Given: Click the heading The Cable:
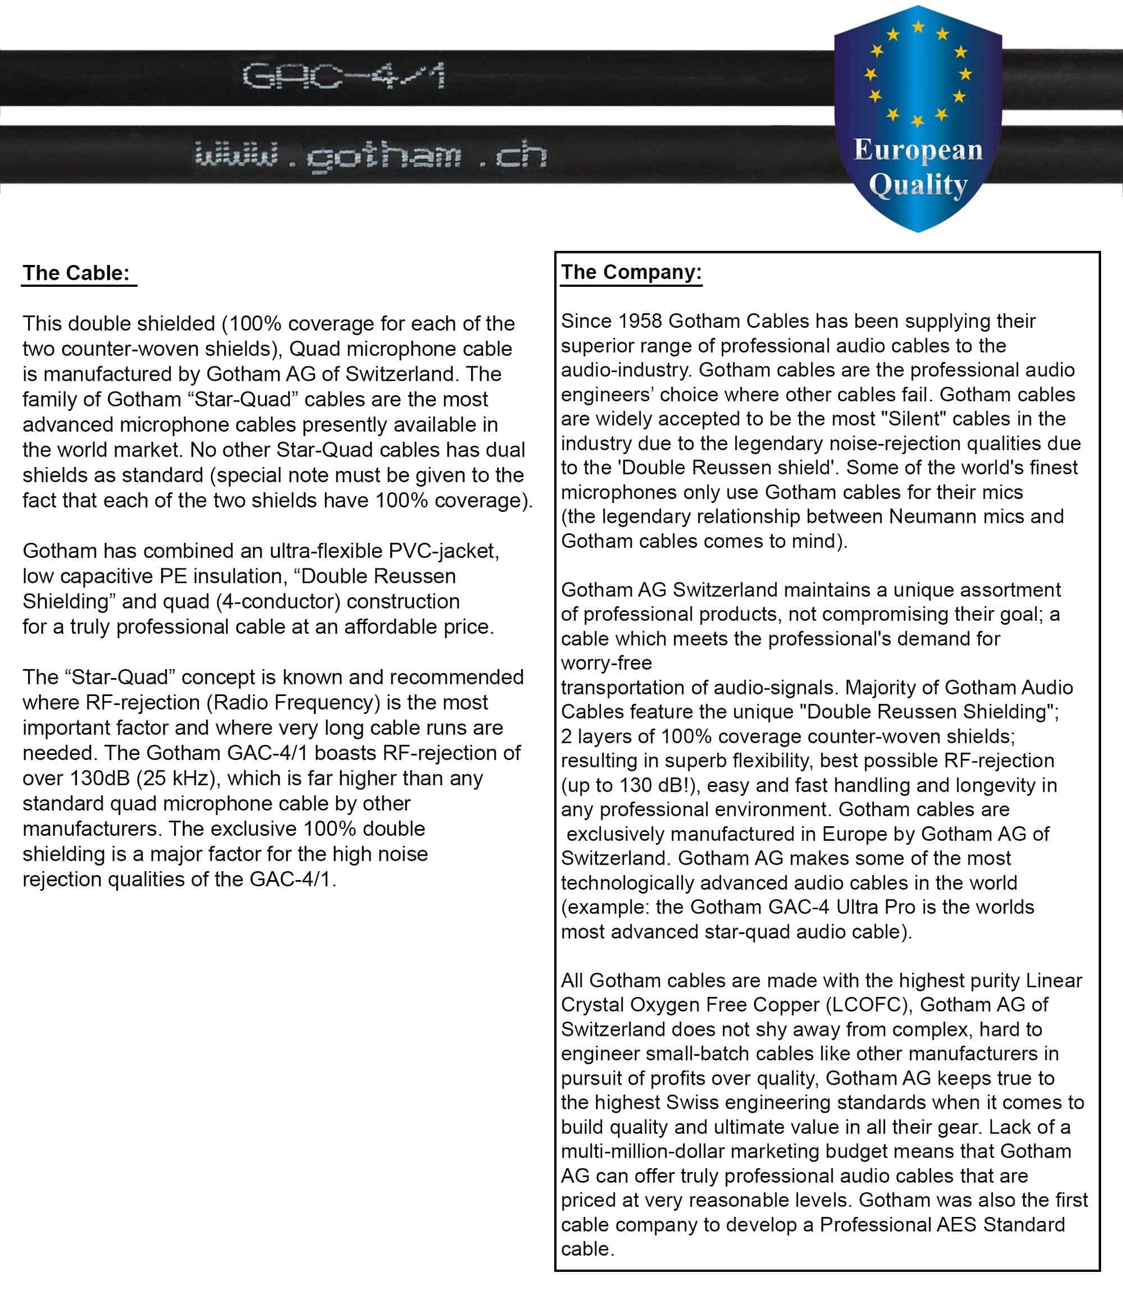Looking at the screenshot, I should [x=76, y=273].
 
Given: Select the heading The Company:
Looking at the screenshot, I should [x=631, y=272].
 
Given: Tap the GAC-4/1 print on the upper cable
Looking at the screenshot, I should [x=344, y=76].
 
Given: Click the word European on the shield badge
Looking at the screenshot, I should [x=918, y=150].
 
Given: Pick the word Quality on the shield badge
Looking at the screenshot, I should [x=918, y=185].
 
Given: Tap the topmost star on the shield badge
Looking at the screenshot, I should [x=918, y=26].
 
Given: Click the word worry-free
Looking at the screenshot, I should [x=606, y=663].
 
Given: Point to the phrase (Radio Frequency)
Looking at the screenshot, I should [x=293, y=702].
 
